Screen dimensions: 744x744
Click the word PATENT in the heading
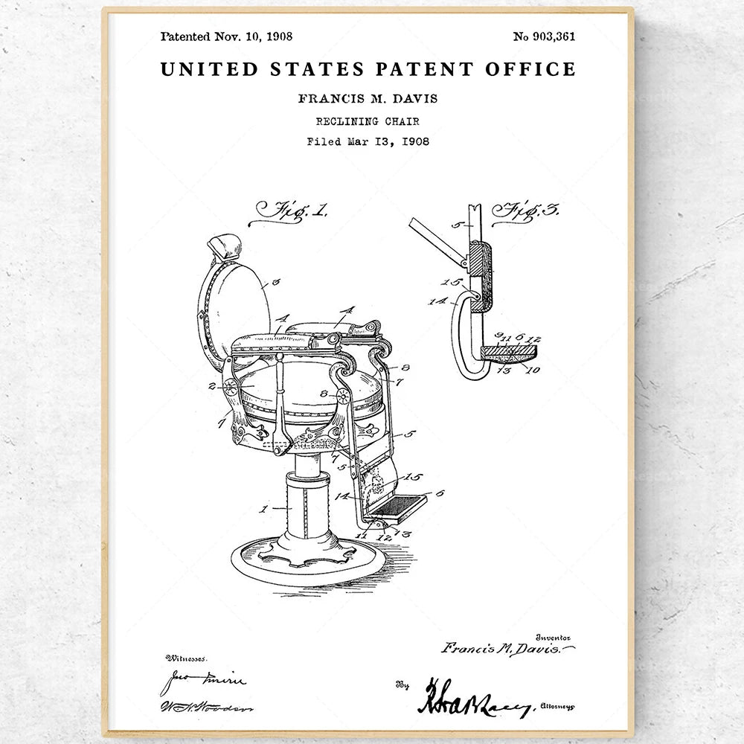[424, 69]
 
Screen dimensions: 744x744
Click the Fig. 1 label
[289, 211]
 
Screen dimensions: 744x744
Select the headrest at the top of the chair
[225, 246]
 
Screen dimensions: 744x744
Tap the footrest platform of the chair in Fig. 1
[397, 507]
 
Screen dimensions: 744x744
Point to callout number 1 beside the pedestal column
[263, 509]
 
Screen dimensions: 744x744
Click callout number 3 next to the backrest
[275, 283]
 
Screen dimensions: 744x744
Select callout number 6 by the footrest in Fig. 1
[439, 493]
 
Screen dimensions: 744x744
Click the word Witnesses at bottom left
[187, 658]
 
